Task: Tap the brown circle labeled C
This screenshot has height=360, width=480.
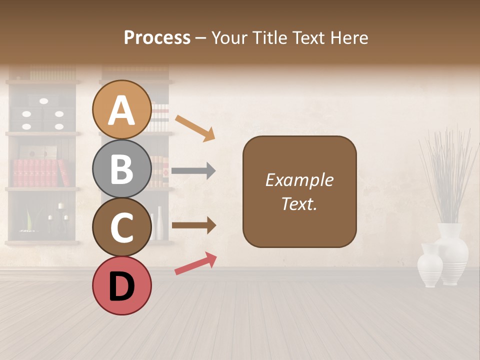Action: [x=122, y=227]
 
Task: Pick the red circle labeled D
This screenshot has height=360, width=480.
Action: [x=122, y=285]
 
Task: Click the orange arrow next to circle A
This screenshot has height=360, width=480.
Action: [x=195, y=128]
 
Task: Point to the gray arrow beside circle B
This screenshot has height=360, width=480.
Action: [x=193, y=171]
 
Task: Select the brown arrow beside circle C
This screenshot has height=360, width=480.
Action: [x=193, y=226]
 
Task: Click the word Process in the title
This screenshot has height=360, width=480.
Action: [x=157, y=37]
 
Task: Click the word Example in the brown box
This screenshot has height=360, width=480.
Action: [x=299, y=180]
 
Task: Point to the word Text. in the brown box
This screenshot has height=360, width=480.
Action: [x=299, y=203]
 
